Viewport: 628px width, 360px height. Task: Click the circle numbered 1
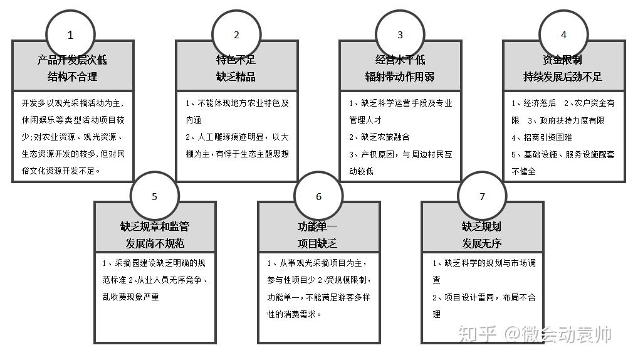[x=70, y=35]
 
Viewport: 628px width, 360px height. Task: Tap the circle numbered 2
[x=236, y=35]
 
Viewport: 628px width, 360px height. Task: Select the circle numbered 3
[x=400, y=35]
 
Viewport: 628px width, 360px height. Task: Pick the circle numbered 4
[x=563, y=35]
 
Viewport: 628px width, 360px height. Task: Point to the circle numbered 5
[x=154, y=196]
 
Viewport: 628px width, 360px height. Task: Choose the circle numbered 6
[x=318, y=196]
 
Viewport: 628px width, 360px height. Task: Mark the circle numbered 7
[x=482, y=196]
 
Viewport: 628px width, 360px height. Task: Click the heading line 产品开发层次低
[x=73, y=60]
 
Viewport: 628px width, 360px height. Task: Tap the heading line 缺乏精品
[x=236, y=77]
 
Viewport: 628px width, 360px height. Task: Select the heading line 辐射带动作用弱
[x=400, y=77]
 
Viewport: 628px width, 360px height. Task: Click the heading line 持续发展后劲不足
[x=563, y=77]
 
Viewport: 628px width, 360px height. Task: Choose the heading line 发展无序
[x=482, y=243]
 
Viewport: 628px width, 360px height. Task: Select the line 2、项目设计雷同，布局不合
[x=484, y=297]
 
